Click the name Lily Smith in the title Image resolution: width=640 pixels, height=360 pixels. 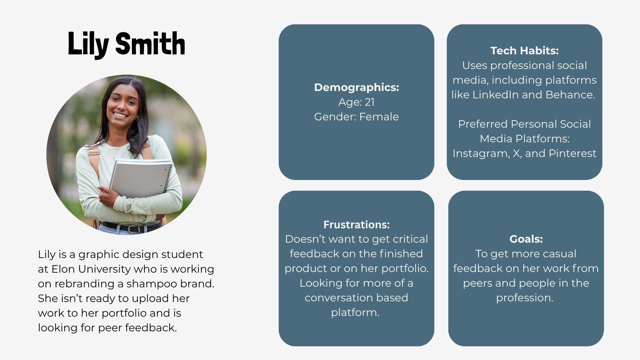coord(126,44)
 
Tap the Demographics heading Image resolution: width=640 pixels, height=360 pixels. coord(356,87)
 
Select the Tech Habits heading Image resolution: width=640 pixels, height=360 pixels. coord(524,51)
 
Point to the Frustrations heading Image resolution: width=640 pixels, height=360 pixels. coord(356,225)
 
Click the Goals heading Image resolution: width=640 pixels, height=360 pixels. coord(526,239)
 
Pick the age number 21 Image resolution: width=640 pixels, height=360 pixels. coord(370,102)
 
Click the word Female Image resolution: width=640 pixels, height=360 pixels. coord(379,117)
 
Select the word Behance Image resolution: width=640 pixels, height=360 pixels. coord(570,95)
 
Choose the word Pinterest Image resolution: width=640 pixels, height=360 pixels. coord(572,153)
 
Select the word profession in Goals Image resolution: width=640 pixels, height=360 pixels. coord(524,298)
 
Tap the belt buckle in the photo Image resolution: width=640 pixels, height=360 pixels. coord(133,229)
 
